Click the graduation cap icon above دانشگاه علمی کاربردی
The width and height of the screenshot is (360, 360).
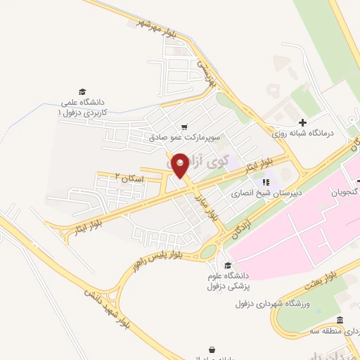pos(82,92)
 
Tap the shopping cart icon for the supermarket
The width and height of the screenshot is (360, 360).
pos(184,127)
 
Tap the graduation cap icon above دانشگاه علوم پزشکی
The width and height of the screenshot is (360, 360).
pos(226,265)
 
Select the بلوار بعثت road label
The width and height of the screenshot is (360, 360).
pos(324,278)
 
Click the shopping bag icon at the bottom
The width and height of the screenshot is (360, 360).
pos(212,349)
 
